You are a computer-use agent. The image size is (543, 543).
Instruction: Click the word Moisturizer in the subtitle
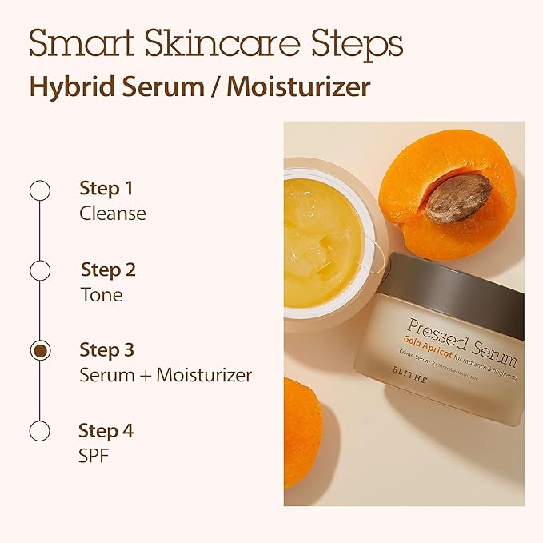tap(298, 86)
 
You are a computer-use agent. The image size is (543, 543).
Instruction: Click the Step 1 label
tap(106, 189)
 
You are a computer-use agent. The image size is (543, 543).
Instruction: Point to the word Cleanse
tap(112, 214)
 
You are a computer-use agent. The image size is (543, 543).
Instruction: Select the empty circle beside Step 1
tap(39, 190)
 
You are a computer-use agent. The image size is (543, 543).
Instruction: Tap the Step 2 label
tap(108, 270)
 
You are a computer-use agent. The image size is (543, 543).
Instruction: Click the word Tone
tap(101, 294)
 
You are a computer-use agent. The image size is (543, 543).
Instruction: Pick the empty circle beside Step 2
tap(39, 270)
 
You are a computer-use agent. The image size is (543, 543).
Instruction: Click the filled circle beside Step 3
tap(39, 350)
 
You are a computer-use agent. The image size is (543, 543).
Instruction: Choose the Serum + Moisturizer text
tap(165, 375)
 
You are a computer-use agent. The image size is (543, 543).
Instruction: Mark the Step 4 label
tap(106, 431)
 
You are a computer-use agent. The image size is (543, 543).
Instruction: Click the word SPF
tap(94, 456)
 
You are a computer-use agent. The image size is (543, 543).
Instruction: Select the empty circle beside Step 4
tap(39, 431)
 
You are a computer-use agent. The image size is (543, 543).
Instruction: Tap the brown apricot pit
tap(458, 198)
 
